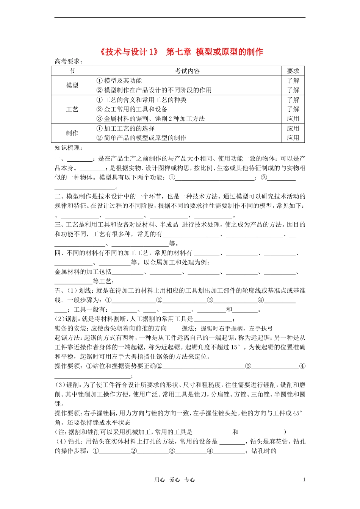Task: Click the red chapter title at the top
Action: point(181,52)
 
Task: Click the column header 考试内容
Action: point(187,71)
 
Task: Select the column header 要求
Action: point(293,71)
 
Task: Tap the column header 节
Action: point(72,71)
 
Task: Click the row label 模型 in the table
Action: point(72,86)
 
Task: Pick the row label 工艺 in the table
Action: point(72,109)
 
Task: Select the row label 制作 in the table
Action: point(72,133)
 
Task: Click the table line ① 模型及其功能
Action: point(119,81)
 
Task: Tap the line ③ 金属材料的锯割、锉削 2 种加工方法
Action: point(150,119)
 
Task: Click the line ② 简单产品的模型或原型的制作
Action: point(141,138)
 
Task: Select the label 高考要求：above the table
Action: point(69,61)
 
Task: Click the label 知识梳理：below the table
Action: point(69,148)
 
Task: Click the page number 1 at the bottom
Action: point(304,479)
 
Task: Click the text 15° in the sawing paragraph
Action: point(235,347)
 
